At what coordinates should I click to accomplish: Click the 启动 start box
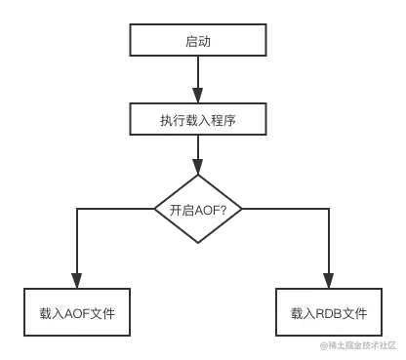(198, 42)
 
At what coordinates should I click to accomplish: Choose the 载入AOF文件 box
(77, 314)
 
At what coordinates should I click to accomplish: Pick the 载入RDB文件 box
(328, 314)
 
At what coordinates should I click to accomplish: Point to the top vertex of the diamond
(198, 174)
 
